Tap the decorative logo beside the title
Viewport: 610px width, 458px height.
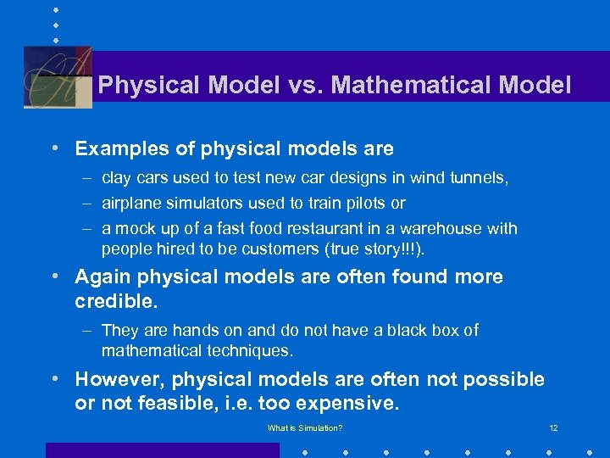coord(58,77)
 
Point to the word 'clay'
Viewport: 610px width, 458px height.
coord(116,178)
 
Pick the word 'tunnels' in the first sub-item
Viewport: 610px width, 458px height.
coord(479,178)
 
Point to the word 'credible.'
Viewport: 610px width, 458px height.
coord(115,302)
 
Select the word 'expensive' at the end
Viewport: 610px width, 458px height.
coord(353,404)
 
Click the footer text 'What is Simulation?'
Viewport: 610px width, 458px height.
coord(305,428)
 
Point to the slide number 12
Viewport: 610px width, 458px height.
coord(553,428)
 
